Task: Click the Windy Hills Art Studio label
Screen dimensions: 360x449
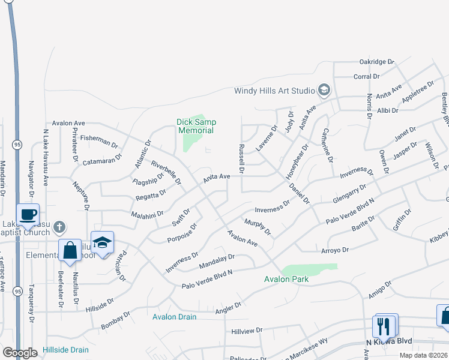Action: point(274,91)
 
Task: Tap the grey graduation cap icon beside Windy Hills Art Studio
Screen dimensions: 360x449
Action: point(324,91)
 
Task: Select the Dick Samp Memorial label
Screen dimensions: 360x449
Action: point(196,126)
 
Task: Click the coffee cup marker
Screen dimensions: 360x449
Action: point(28,214)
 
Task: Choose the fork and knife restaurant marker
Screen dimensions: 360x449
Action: point(384,326)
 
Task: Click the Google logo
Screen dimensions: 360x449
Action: point(20,353)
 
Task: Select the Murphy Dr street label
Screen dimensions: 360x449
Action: point(258,227)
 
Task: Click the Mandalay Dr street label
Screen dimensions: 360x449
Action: point(216,260)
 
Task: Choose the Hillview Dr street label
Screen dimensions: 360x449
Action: point(247,330)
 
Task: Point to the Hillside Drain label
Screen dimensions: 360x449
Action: point(65,350)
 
